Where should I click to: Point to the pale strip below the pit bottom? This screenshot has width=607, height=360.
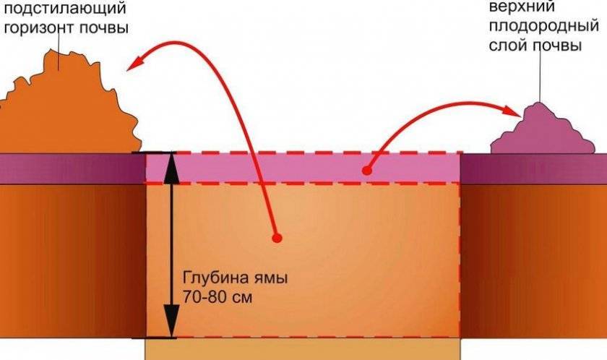pyautogui.click(x=303, y=349)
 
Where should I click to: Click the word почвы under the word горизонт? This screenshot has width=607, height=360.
pyautogui.click(x=104, y=30)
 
